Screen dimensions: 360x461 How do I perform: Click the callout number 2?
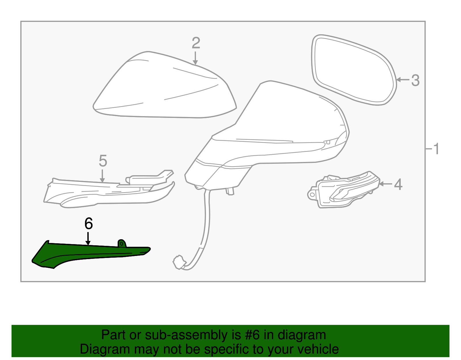196,43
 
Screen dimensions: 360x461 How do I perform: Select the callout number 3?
415,80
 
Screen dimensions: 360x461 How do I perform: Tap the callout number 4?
398,184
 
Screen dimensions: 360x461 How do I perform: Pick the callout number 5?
103,161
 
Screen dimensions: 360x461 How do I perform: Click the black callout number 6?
88,224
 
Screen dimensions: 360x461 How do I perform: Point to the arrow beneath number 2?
195,59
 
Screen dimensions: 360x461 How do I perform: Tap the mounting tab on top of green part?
122,243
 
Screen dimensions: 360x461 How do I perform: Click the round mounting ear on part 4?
312,195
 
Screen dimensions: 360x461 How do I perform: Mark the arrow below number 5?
102,176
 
